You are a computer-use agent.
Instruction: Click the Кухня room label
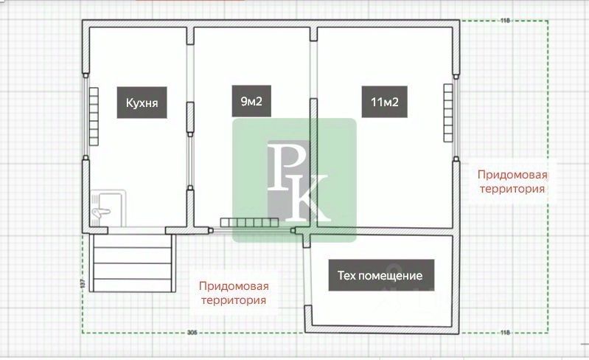[142, 103]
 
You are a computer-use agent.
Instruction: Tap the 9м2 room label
[251, 103]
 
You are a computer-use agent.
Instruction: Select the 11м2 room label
[380, 103]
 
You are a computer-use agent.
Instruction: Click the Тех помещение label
[380, 276]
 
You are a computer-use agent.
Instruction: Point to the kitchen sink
[107, 207]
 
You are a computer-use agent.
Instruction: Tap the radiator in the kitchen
[94, 117]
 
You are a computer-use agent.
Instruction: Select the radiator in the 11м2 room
[447, 112]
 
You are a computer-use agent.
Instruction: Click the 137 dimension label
[82, 282]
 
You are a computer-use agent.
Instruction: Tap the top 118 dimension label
[505, 20]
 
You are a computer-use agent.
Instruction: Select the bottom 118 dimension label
[505, 333]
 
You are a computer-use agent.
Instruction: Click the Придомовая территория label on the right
[512, 181]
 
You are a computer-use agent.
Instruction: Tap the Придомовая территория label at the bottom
[234, 293]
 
